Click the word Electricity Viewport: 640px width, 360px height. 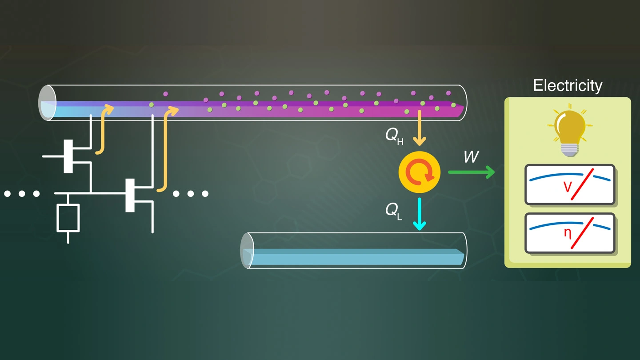coord(568,85)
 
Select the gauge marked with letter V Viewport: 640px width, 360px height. coord(570,184)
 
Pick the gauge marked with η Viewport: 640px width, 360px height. coord(570,233)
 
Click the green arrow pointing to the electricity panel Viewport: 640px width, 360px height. coord(472,172)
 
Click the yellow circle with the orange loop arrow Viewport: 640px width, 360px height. coord(419,172)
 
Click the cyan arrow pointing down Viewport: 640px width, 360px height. coord(419,214)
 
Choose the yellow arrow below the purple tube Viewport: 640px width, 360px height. coord(419,129)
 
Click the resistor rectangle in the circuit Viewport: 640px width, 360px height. coord(68,218)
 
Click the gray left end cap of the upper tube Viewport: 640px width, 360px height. coord(46,103)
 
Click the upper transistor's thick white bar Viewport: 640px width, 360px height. coord(68,156)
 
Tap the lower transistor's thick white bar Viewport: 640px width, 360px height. coord(130,195)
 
